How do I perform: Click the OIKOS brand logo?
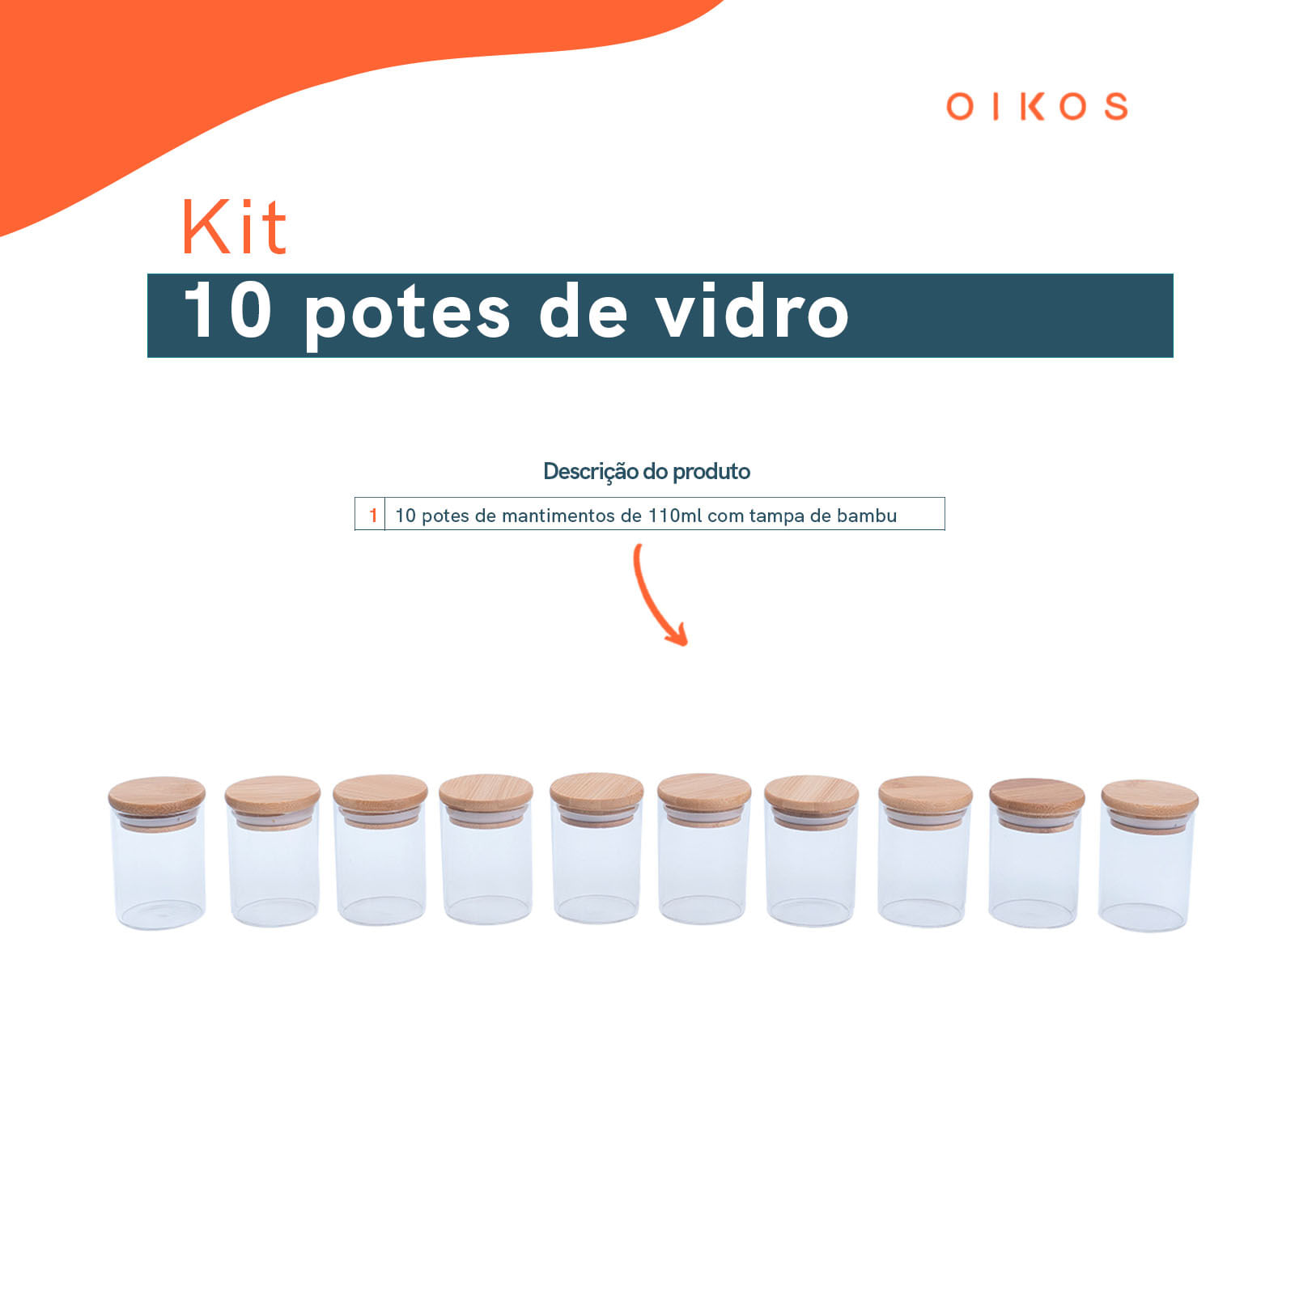(x=1037, y=107)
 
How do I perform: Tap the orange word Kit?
(x=234, y=227)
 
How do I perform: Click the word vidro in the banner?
(x=752, y=312)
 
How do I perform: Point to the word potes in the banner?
(x=407, y=314)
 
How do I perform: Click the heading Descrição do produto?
(x=646, y=471)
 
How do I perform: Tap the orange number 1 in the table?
(x=372, y=516)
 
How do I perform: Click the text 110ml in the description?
(x=675, y=516)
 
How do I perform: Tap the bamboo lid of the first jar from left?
(x=156, y=793)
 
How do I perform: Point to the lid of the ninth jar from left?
(x=1037, y=794)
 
